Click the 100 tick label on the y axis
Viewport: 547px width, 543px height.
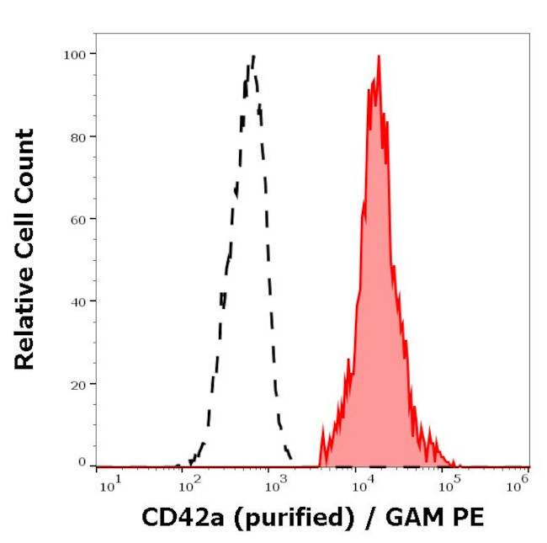coord(74,54)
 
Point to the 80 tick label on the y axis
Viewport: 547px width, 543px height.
coord(77,136)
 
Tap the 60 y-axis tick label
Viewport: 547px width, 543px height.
coord(77,219)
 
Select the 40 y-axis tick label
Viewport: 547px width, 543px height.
coord(77,301)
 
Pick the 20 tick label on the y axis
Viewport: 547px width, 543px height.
coord(77,384)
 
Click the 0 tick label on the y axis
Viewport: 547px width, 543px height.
coord(82,462)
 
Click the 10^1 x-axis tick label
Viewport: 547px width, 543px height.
coord(109,483)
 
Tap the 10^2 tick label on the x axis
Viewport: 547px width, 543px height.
coord(190,483)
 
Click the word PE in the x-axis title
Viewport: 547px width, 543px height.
coord(470,517)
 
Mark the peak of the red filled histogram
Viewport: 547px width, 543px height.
coord(379,56)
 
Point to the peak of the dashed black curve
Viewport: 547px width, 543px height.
coord(252,56)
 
